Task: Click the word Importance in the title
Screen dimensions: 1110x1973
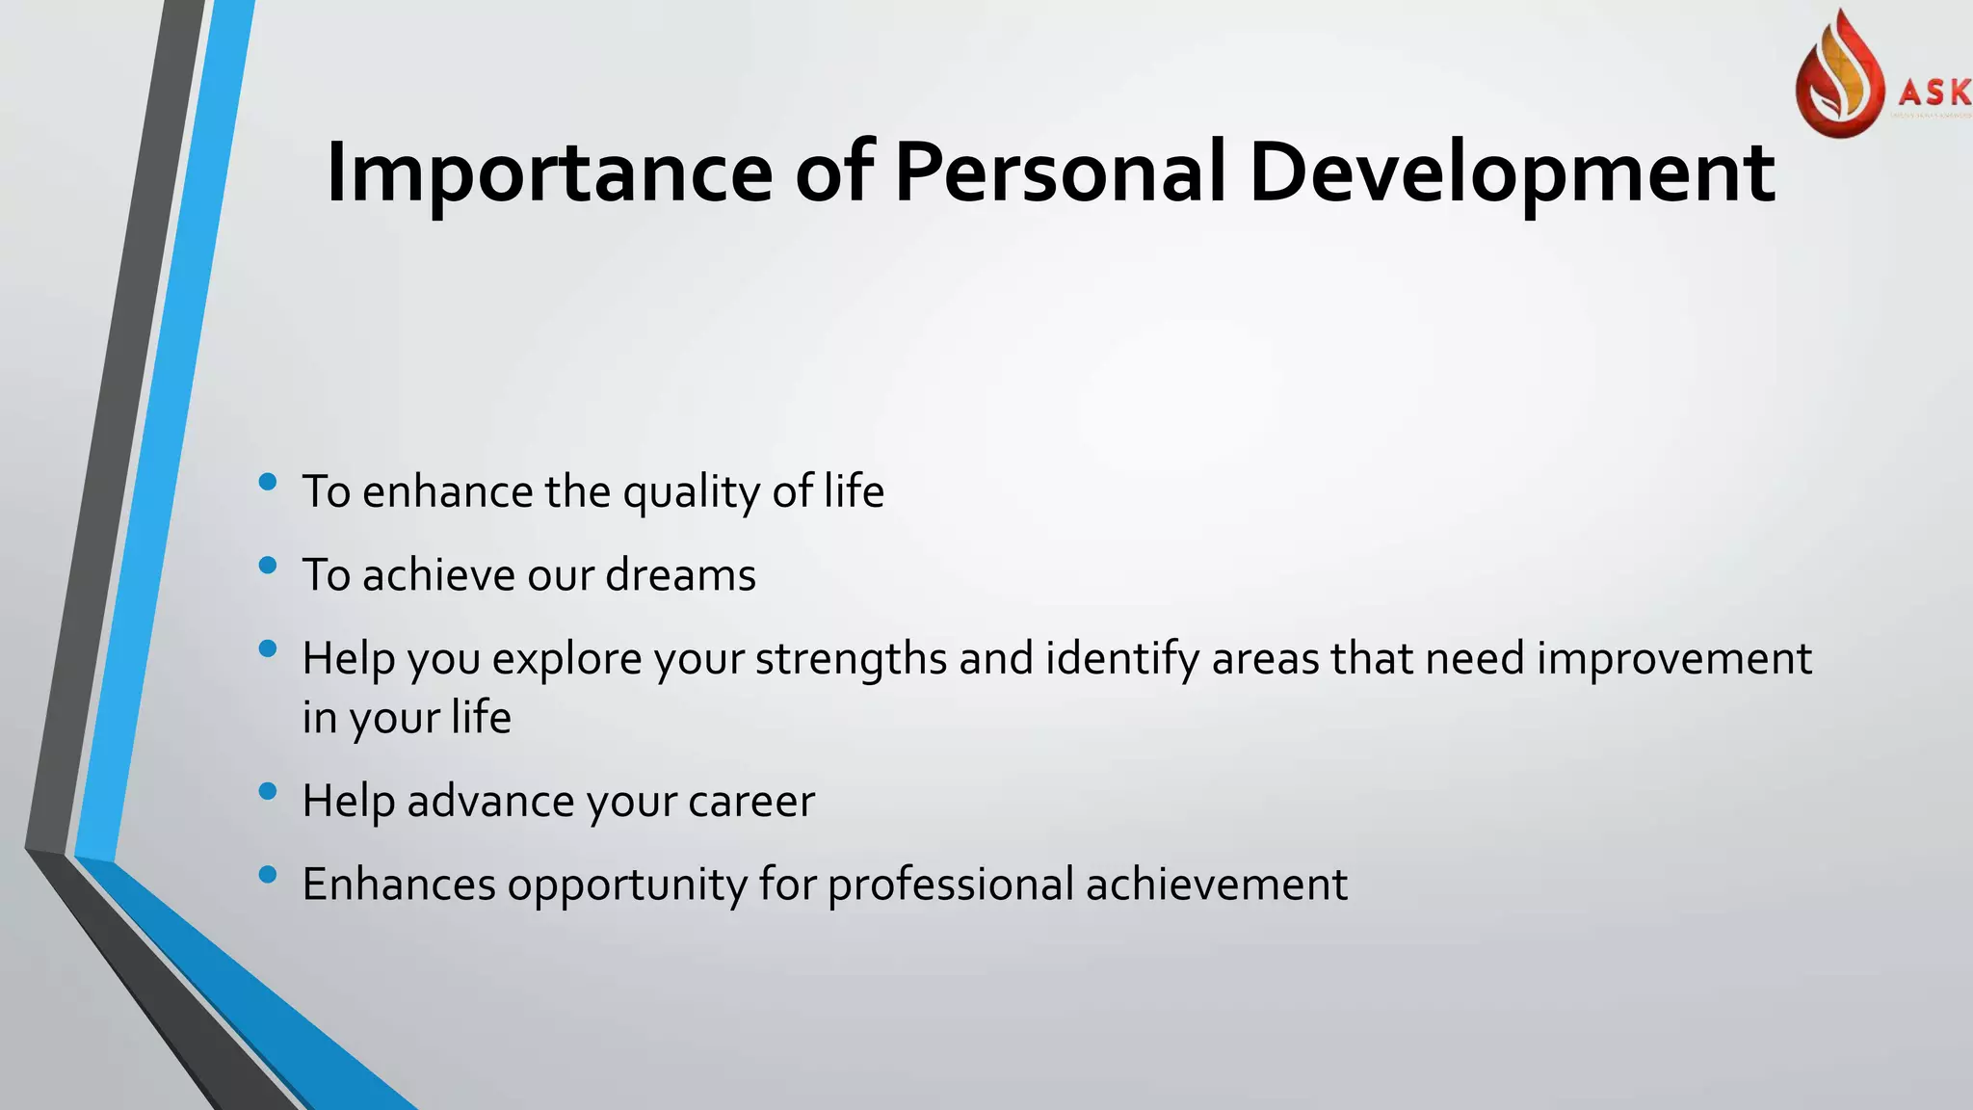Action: tap(549, 173)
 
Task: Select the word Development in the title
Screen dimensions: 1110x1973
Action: tap(1511, 173)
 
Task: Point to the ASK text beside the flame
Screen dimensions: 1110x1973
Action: tap(1934, 92)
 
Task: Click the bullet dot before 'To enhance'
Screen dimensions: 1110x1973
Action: tap(268, 481)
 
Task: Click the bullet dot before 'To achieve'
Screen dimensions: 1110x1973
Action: tap(268, 565)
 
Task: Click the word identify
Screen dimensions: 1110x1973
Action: tap(1121, 660)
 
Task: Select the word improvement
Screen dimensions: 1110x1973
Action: tap(1673, 660)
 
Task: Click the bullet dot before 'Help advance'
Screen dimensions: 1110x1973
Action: tap(268, 791)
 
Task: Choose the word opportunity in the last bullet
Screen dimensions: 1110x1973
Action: tap(626, 885)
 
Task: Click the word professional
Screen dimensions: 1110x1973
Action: tap(950, 885)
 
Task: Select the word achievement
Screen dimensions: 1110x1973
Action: tap(1216, 885)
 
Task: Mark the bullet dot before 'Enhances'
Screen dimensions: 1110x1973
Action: tap(268, 874)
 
